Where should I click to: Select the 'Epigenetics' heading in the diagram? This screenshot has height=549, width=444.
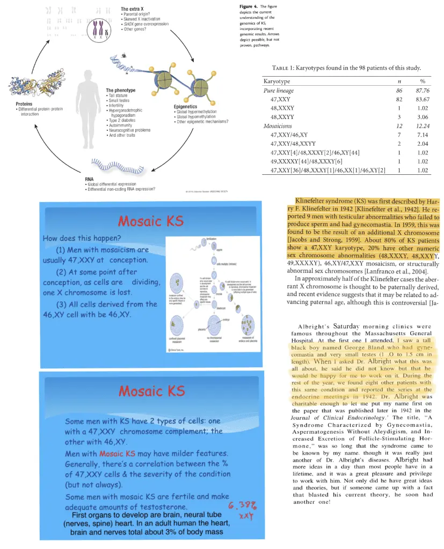coord(186,106)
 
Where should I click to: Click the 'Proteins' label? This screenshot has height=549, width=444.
coord(25,103)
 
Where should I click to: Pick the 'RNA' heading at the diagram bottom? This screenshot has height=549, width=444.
coord(89,179)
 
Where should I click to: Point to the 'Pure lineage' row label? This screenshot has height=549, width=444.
coord(279,91)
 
